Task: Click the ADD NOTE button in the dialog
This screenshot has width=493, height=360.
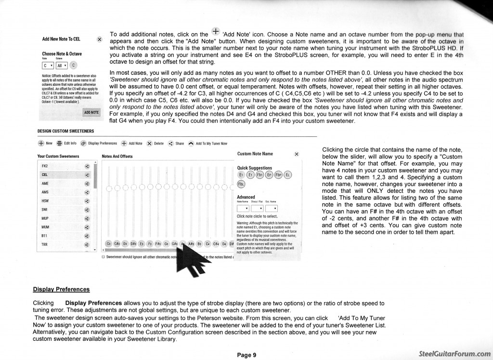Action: (91, 112)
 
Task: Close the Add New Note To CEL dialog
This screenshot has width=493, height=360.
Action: (99, 39)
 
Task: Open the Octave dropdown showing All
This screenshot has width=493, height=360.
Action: (61, 65)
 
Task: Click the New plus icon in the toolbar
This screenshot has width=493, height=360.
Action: (41, 143)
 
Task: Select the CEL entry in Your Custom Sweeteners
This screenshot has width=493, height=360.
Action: (45, 174)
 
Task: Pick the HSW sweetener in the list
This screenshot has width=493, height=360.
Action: (45, 200)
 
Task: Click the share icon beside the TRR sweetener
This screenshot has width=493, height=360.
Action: (87, 244)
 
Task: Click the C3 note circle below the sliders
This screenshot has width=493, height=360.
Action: (109, 244)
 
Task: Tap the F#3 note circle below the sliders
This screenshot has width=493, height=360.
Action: (158, 244)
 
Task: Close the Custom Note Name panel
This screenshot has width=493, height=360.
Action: (297, 154)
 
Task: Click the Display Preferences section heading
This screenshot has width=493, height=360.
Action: (61, 289)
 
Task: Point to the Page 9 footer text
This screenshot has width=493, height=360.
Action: (246, 356)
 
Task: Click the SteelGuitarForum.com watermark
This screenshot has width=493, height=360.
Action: (454, 353)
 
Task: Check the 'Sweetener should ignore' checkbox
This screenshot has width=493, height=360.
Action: (103, 257)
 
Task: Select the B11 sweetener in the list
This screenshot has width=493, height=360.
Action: (44, 236)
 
